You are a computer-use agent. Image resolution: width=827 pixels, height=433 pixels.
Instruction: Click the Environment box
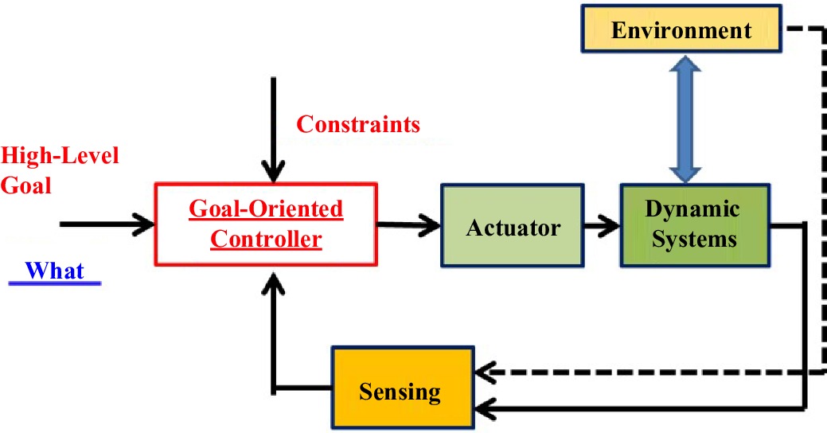tap(681, 31)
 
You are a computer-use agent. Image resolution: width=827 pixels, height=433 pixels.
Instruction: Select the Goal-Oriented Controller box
tap(266, 224)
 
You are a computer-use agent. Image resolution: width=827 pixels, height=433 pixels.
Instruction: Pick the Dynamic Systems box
tap(694, 224)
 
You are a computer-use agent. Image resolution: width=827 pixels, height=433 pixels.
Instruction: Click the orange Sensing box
tap(400, 391)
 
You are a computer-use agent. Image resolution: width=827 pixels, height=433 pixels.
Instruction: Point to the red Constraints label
tap(358, 125)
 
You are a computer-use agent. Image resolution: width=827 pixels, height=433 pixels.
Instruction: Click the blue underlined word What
tap(54, 271)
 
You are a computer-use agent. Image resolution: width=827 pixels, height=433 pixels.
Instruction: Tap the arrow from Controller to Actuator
tap(409, 224)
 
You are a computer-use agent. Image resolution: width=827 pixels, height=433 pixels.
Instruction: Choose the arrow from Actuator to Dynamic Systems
tap(603, 225)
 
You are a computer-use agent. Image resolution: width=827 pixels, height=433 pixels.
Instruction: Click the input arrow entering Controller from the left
tap(107, 223)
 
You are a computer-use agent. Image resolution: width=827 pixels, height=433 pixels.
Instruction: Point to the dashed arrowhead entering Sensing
tap(483, 371)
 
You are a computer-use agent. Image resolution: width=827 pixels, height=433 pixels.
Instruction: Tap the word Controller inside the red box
tap(266, 239)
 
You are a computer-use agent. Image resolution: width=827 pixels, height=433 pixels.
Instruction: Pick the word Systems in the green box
tap(694, 238)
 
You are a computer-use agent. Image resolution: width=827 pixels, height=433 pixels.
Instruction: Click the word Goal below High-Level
tap(26, 185)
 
